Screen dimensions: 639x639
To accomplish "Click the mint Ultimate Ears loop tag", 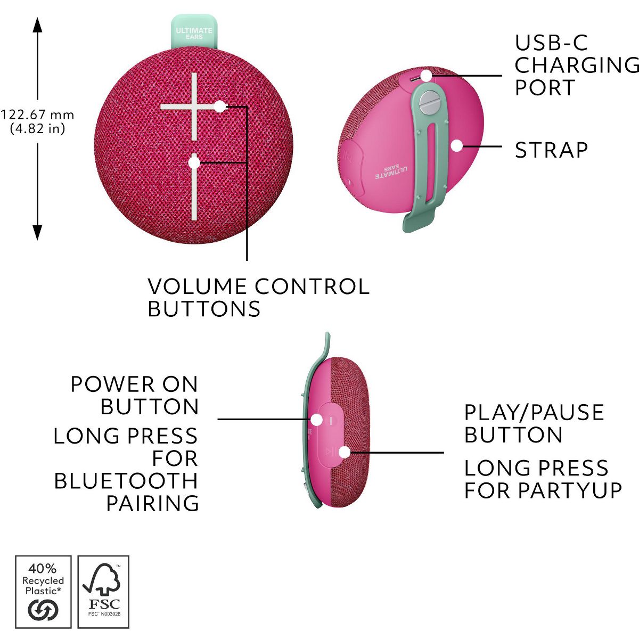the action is [194, 31].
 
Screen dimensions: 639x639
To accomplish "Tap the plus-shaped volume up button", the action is [194, 107].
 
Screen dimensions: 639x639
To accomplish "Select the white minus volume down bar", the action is [194, 187].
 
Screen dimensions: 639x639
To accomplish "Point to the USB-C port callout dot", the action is [427, 76].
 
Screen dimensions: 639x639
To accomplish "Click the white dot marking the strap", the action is [457, 146].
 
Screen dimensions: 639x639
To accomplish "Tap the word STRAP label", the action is [551, 150].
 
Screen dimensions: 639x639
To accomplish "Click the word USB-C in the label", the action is [551, 43].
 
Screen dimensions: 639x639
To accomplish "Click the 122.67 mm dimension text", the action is [37, 115].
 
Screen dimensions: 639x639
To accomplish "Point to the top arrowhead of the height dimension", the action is [37, 25].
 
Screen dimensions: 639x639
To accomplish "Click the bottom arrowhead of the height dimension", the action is [37, 233].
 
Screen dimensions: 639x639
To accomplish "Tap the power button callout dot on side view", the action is [317, 420].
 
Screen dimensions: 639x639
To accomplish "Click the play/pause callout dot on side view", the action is [345, 452].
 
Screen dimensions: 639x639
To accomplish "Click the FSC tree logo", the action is [103, 583].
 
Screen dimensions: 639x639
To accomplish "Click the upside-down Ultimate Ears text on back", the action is [391, 171].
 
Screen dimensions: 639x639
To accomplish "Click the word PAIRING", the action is [152, 503].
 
